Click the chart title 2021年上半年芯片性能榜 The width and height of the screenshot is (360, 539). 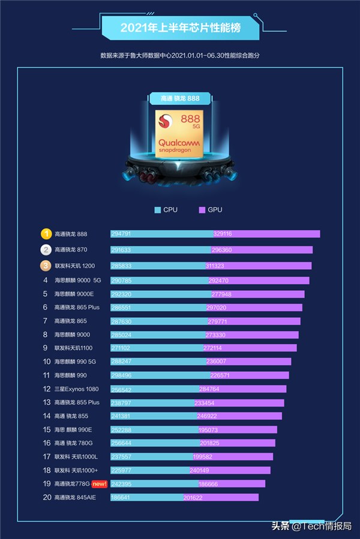[181, 28]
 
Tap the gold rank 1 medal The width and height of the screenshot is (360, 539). [46, 234]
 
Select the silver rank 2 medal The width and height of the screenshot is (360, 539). [46, 249]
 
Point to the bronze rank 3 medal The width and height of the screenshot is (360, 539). [46, 266]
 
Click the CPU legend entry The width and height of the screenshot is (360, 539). [166, 210]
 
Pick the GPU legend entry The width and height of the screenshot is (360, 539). [211, 210]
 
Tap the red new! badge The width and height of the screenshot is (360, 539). [100, 484]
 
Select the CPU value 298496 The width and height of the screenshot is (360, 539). [121, 375]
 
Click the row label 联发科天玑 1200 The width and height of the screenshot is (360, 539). [75, 266]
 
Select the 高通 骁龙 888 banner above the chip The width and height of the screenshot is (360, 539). [180, 98]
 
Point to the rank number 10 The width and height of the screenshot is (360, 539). [46, 362]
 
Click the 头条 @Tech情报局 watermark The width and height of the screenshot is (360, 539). [311, 526]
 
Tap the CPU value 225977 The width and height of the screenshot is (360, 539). [121, 470]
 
